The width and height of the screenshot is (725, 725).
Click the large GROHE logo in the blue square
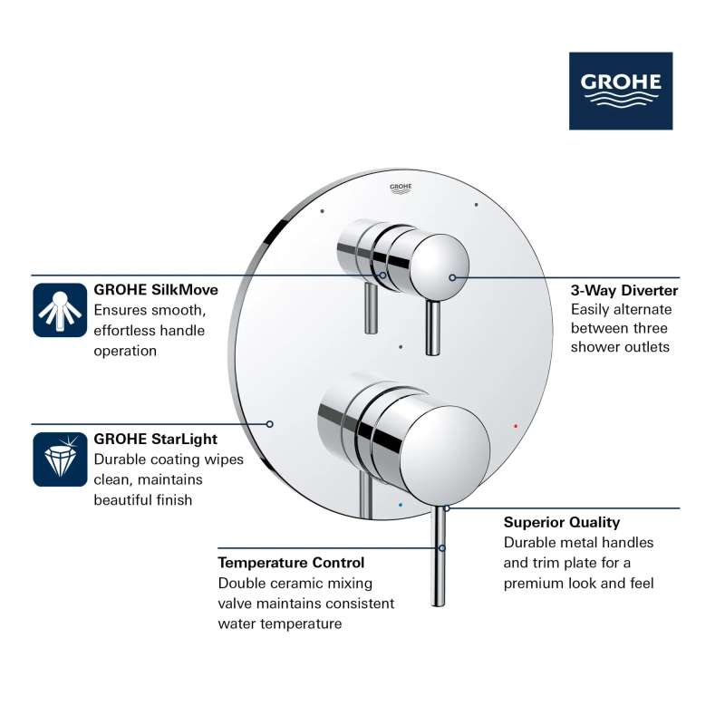(x=621, y=91)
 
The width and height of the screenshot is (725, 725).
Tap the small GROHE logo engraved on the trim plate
(x=401, y=188)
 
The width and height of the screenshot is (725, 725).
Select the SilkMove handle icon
(x=60, y=310)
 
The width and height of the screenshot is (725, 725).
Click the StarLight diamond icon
(x=60, y=459)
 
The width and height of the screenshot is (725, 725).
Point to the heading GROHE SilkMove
(x=156, y=290)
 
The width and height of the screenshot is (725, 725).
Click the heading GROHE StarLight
(x=155, y=439)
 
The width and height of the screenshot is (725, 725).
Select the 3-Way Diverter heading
(x=624, y=290)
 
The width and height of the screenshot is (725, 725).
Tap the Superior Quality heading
(x=562, y=523)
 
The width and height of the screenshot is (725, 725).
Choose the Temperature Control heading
(x=291, y=563)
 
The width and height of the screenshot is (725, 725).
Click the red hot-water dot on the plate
(x=516, y=426)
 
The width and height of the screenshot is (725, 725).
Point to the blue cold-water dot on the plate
(x=400, y=505)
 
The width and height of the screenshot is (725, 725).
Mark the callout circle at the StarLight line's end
(x=269, y=424)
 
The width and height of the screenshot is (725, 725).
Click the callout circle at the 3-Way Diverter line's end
(x=452, y=277)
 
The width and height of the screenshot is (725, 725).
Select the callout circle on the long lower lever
(x=442, y=548)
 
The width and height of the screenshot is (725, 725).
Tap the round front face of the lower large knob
(x=445, y=455)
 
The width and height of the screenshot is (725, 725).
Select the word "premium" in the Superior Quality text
(x=534, y=584)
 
